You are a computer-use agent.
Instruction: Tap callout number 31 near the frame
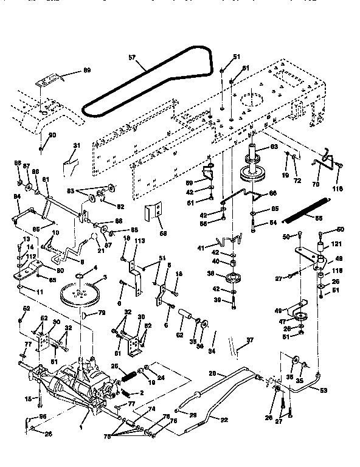pyautogui.click(x=76, y=145)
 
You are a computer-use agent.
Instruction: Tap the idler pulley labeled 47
pyautogui.click(x=298, y=317)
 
